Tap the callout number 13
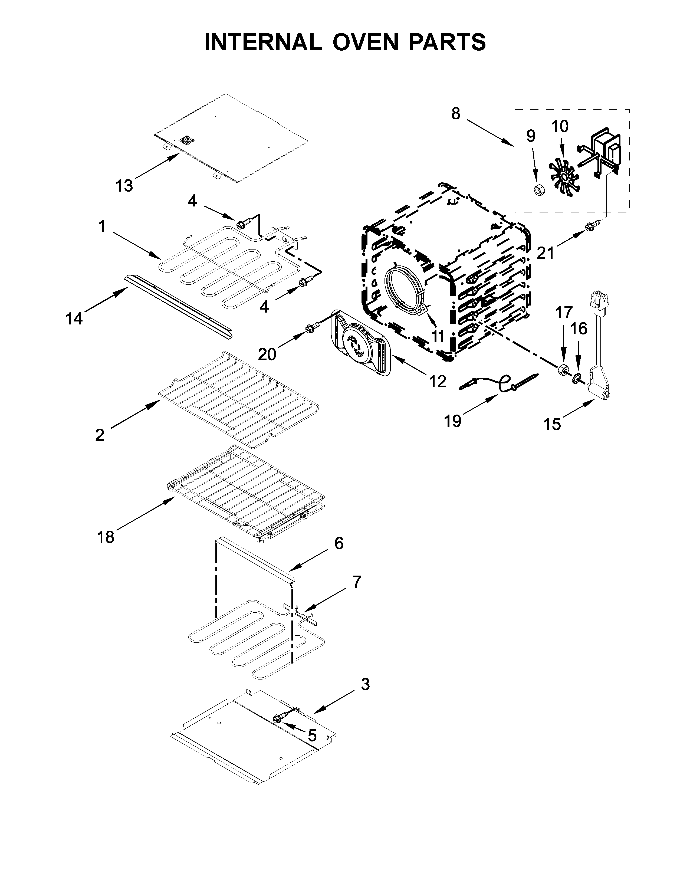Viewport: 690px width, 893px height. [x=124, y=186]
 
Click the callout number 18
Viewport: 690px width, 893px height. [x=106, y=537]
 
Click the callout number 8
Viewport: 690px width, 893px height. [x=456, y=113]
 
